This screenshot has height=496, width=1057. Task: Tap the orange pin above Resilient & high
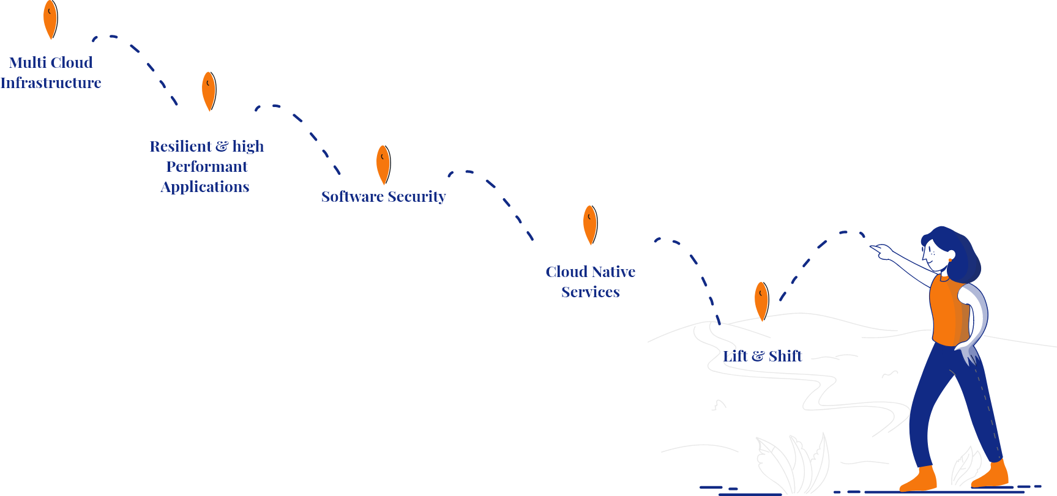pos(209,91)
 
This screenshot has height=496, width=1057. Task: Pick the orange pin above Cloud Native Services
pos(590,224)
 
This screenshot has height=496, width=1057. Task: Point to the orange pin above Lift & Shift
pos(761,300)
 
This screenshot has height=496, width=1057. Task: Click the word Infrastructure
pos(51,83)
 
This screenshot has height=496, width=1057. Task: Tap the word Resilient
pos(181,146)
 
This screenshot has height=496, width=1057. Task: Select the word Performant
pos(207,166)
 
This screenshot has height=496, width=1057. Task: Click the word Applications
pos(205,187)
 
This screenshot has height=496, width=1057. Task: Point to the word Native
pos(614,272)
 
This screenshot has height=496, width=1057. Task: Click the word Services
pos(591,292)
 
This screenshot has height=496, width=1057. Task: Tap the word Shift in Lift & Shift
pos(785,356)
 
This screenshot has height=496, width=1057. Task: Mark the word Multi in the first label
pos(28,62)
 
